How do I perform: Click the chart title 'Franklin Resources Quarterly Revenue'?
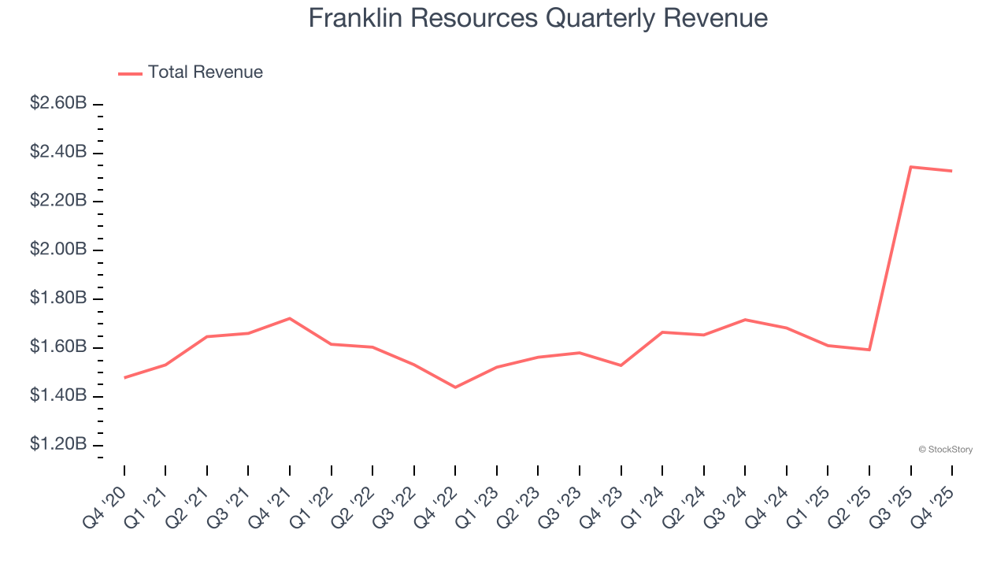538,17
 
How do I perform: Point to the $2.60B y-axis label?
58,103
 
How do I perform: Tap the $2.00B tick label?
58,250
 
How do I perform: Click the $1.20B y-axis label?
58,445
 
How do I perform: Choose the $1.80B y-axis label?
58,298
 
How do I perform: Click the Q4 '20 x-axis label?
104,506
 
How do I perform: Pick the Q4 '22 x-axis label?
435,506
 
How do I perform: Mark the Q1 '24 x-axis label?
642,506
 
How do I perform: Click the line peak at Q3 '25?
910,167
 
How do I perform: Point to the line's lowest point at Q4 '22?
455,387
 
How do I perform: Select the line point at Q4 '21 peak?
290,318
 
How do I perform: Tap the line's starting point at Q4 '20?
124,378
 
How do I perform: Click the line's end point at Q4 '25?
951,171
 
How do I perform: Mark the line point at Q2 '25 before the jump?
869,350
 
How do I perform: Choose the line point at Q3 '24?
745,320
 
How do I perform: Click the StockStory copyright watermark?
945,450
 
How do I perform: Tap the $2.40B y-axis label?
58,152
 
